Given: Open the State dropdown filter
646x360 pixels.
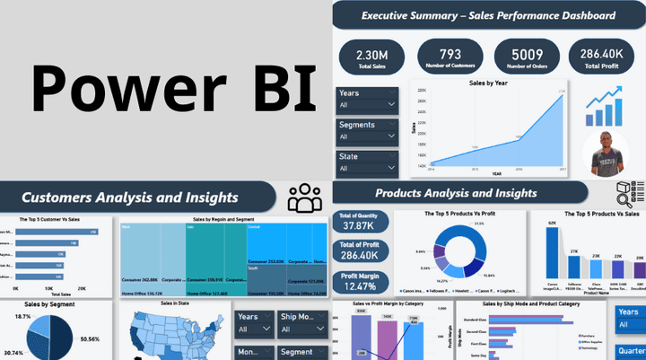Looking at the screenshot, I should point(367,168).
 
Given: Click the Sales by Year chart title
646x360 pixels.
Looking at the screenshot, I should point(489,83).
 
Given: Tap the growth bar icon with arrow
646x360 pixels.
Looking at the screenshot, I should point(605,106).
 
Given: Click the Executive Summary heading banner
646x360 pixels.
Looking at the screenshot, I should point(488,15).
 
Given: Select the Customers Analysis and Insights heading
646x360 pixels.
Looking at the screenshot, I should point(130,197).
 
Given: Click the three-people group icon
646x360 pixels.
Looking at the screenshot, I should point(305,198).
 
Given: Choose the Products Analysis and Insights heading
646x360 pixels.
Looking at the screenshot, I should point(456,193).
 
